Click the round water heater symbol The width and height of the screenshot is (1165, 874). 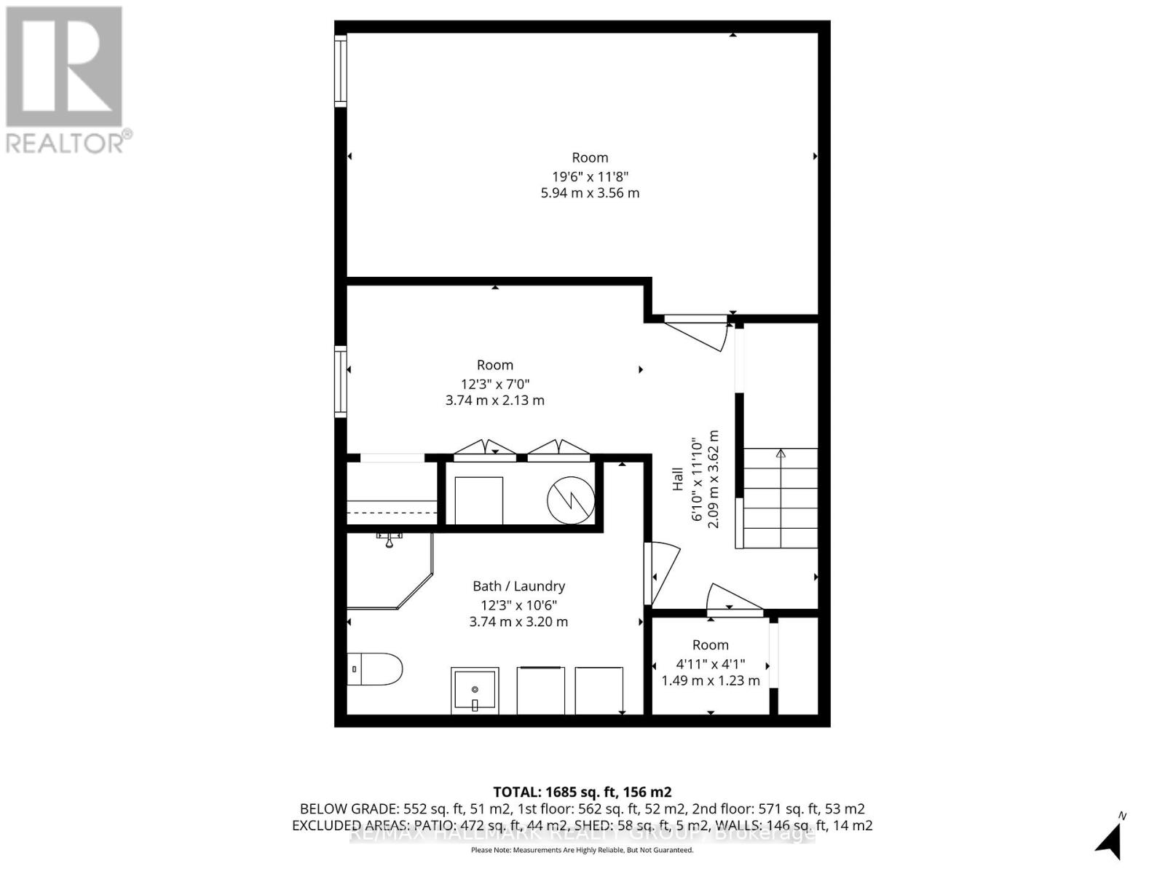tap(571, 500)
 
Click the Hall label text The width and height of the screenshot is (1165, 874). tap(678, 479)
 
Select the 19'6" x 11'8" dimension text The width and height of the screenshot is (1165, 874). tap(590, 176)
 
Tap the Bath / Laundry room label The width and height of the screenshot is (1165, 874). tap(518, 586)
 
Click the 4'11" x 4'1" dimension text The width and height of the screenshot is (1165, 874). tap(710, 664)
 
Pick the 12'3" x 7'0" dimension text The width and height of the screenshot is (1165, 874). tap(495, 383)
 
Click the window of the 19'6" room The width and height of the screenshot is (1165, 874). tap(340, 71)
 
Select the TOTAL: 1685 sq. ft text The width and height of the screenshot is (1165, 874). tap(582, 792)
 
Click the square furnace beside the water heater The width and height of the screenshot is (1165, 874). tap(478, 500)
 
